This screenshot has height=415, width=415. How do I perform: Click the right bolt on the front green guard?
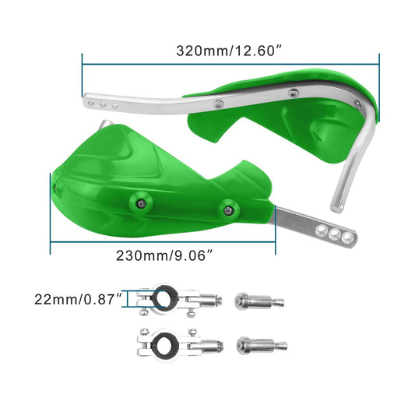point(228,207)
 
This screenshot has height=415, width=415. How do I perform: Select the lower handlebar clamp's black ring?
point(164,343)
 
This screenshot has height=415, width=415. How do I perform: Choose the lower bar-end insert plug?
point(260,344)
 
